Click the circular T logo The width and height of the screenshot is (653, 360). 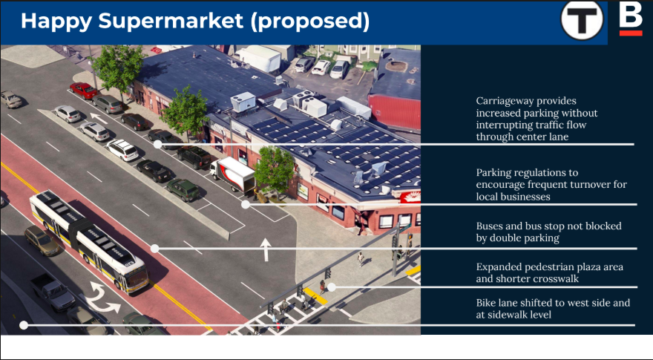[x=582, y=20]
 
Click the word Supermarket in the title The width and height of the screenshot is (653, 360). [x=171, y=21]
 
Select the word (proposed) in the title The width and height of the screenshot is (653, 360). [x=310, y=22]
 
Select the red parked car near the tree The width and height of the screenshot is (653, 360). [x=84, y=90]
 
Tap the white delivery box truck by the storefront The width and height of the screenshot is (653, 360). [x=232, y=174]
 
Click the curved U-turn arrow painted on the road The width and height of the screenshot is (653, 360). [x=101, y=297]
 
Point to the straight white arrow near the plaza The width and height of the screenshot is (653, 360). [x=266, y=249]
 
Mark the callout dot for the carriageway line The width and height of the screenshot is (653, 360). [x=157, y=144]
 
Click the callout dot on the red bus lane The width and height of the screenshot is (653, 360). [x=154, y=249]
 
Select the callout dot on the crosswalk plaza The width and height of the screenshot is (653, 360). [x=332, y=287]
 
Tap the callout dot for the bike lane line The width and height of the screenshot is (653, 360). [x=24, y=325]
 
